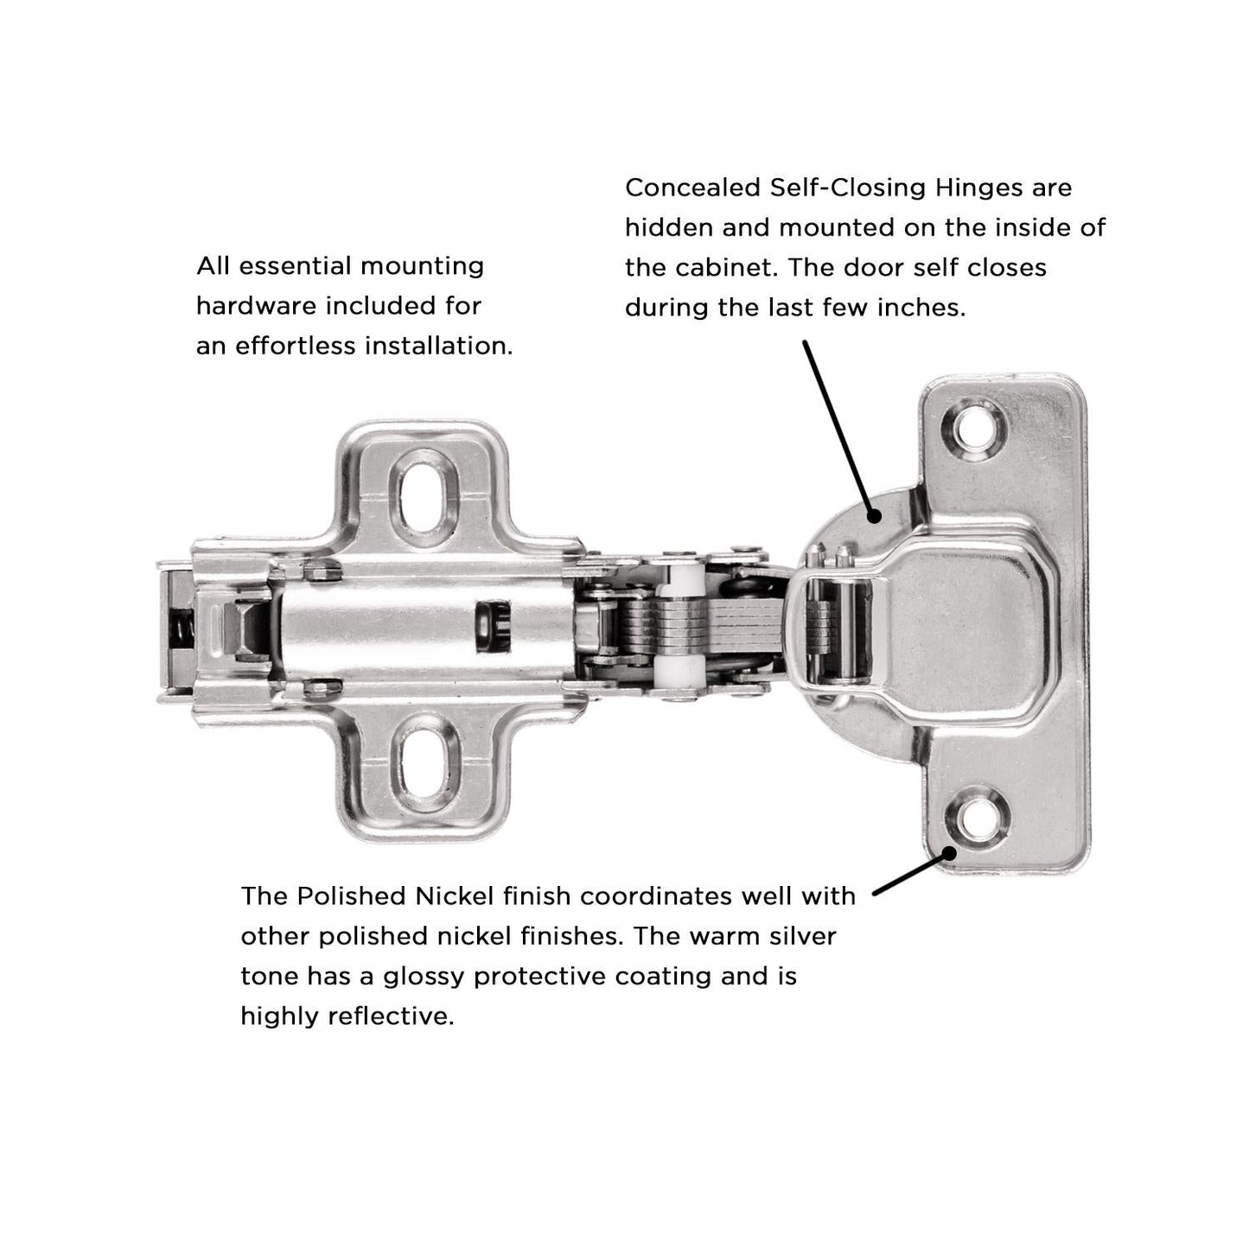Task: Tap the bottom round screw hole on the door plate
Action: [x=976, y=816]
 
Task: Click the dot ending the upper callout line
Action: [x=874, y=516]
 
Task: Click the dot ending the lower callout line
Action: [x=949, y=852]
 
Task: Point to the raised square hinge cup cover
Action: [x=968, y=626]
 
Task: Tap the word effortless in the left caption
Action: [x=295, y=346]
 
